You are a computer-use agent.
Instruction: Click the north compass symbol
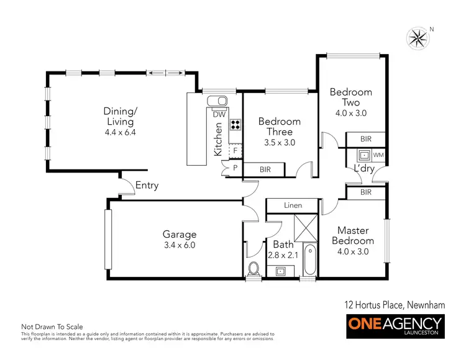pyautogui.click(x=418, y=38)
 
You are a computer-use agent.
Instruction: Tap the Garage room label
pyautogui.click(x=180, y=235)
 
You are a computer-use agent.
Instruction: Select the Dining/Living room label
pyautogui.click(x=120, y=116)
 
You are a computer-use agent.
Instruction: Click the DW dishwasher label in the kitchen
pyautogui.click(x=219, y=114)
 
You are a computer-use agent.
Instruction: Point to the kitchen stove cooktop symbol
pyautogui.click(x=235, y=124)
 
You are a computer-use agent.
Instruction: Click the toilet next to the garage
pyautogui.click(x=254, y=269)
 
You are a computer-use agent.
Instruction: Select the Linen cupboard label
pyautogui.click(x=292, y=205)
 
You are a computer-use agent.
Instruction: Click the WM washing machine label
pyautogui.click(x=378, y=155)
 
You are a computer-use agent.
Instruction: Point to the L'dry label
pyautogui.click(x=363, y=169)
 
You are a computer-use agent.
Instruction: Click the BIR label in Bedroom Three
pyautogui.click(x=265, y=169)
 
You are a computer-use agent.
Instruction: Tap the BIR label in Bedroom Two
pyautogui.click(x=365, y=140)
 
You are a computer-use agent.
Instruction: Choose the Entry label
pyautogui.click(x=147, y=185)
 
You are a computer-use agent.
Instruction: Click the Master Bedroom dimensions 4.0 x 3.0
pyautogui.click(x=353, y=251)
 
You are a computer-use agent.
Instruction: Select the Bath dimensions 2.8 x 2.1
pyautogui.click(x=282, y=254)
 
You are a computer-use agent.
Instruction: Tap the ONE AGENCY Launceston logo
pyautogui.click(x=395, y=326)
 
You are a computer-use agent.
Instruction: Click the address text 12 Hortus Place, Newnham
pyautogui.click(x=394, y=304)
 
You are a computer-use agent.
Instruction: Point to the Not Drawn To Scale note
pyautogui.click(x=52, y=326)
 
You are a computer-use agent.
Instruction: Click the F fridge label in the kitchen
pyautogui.click(x=235, y=150)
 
